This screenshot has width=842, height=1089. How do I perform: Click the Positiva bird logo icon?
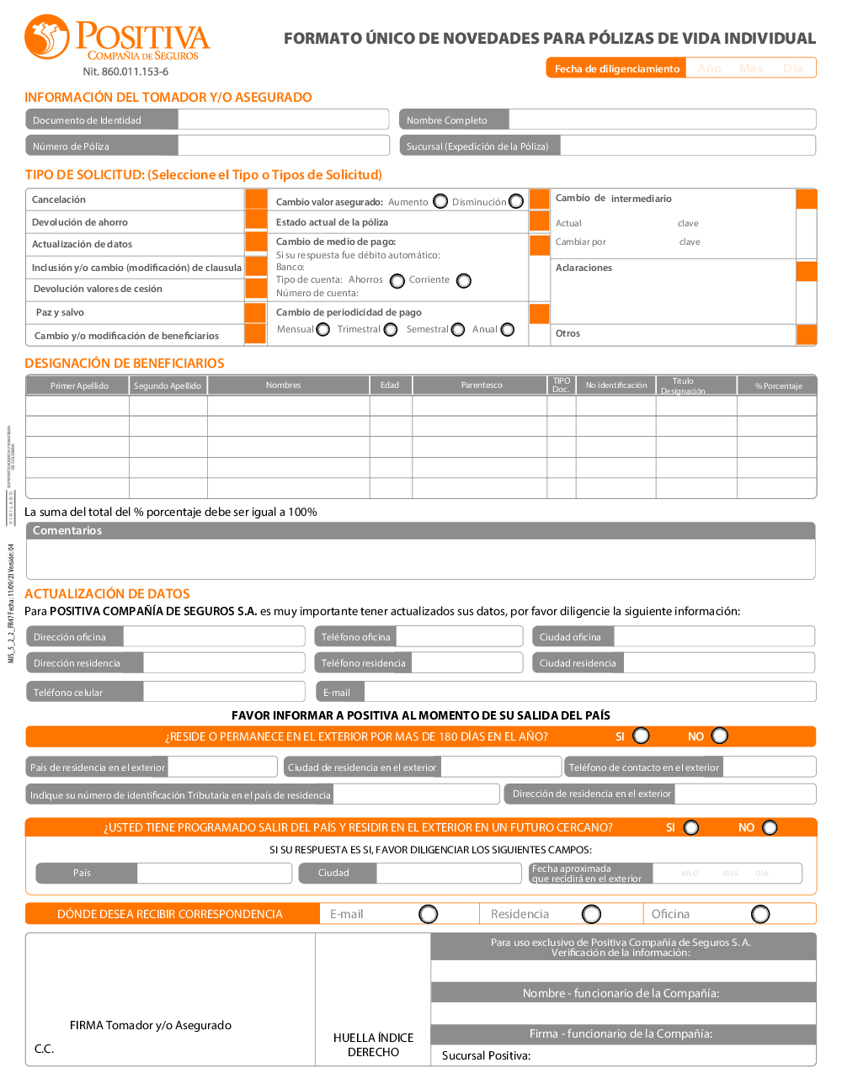click(46, 37)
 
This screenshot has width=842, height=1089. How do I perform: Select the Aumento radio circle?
click(440, 201)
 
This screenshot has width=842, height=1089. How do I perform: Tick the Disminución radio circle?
click(516, 201)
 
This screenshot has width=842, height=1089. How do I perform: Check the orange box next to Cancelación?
click(256, 199)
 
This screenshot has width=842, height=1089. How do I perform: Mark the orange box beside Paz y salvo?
click(256, 312)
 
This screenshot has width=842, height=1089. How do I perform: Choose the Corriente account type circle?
click(464, 280)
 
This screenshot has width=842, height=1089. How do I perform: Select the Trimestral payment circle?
click(391, 329)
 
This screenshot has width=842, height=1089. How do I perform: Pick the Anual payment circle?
click(508, 329)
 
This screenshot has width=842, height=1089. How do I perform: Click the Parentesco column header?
click(482, 385)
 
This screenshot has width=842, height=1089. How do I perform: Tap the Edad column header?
click(390, 385)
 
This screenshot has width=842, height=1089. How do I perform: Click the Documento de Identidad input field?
click(283, 120)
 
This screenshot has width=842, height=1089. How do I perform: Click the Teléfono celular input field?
click(223, 692)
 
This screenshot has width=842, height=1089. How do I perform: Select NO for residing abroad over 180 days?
click(720, 736)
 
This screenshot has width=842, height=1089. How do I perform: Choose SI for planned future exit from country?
click(691, 827)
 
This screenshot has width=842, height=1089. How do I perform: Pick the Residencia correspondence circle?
click(592, 914)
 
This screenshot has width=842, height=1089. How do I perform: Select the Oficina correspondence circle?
click(760, 914)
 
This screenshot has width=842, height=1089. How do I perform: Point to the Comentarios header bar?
click(420, 531)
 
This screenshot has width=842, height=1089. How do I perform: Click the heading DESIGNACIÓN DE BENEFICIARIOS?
click(125, 364)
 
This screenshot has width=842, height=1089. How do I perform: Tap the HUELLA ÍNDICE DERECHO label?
click(373, 1044)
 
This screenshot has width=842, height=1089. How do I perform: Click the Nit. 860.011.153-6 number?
click(125, 72)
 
